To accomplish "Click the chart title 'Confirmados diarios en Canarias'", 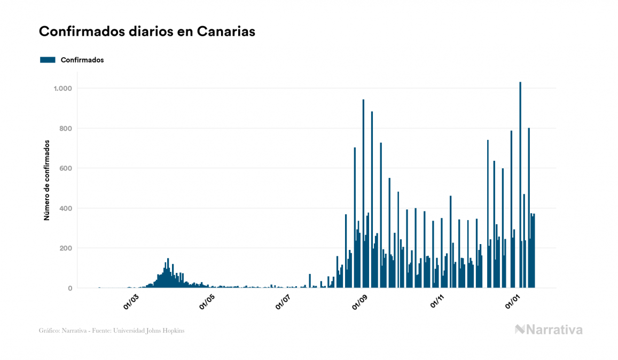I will pos(147,32).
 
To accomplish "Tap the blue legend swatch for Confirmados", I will pos(48,60).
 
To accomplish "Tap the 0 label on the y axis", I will pos(70,288).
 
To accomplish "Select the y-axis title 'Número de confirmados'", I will pos(46,181).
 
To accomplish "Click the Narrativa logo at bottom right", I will pos(549,330).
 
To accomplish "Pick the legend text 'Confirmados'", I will pos(82,60).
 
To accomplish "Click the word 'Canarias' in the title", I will pos(226,32).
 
